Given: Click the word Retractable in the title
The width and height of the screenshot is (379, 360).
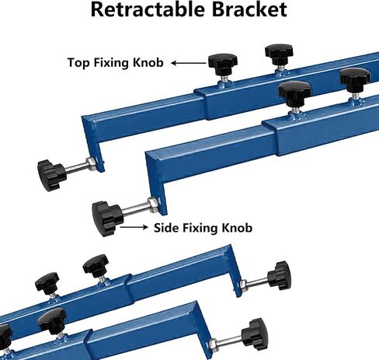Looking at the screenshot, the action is click(x=148, y=9).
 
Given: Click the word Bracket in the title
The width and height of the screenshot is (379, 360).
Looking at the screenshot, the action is click(x=249, y=9).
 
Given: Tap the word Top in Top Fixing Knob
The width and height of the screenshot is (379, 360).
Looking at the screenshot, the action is click(x=78, y=63).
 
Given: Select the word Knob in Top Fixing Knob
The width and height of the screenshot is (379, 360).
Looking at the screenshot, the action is click(x=148, y=62).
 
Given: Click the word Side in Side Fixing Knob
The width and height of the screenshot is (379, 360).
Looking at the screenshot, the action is click(x=166, y=228).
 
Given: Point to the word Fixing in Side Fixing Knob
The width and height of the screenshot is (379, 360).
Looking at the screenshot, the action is click(x=200, y=229).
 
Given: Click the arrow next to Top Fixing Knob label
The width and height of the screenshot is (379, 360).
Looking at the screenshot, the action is click(x=189, y=63).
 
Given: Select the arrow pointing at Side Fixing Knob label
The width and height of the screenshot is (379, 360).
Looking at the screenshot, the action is click(x=134, y=227).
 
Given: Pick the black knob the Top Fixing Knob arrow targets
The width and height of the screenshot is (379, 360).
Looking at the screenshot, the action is click(x=223, y=63).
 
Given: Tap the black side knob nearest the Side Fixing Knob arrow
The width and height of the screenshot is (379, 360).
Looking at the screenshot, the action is click(x=106, y=218).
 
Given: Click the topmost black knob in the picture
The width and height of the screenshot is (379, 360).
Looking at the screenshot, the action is click(x=279, y=54).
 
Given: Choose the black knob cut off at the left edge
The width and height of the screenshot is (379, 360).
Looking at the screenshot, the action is click(x=5, y=336).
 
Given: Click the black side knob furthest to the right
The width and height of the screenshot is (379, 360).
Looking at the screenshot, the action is click(x=280, y=275).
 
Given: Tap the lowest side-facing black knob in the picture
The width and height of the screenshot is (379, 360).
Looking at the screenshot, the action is click(x=255, y=334).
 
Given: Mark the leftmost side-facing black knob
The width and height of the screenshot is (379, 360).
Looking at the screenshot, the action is click(x=51, y=175).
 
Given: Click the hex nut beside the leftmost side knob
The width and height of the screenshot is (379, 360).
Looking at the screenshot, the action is click(x=92, y=164).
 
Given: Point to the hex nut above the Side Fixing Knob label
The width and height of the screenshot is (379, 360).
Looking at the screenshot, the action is click(x=152, y=204).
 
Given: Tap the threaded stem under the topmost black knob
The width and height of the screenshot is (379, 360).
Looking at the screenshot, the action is click(x=280, y=68).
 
